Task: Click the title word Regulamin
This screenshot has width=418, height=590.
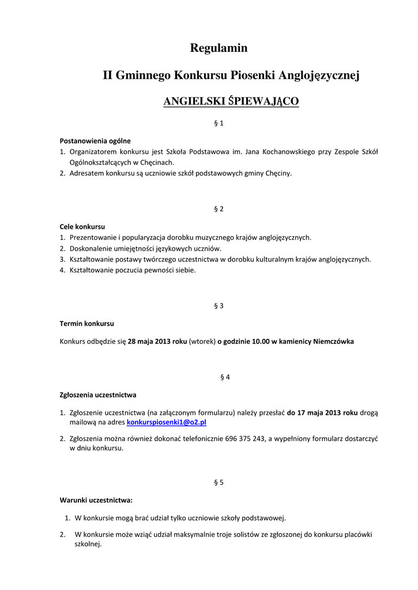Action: tap(219, 48)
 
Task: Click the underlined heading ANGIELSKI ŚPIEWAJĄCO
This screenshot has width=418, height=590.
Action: tap(231, 101)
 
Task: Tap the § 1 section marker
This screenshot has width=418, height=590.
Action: tap(219, 123)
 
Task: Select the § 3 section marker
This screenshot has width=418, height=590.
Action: tap(219, 305)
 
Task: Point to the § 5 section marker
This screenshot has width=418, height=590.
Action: tap(219, 482)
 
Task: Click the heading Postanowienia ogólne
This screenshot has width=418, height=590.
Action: tap(95, 141)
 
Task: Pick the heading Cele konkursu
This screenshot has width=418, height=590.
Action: tap(82, 226)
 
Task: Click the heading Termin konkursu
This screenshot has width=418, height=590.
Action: tap(87, 323)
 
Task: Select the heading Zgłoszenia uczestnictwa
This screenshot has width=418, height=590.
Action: tap(98, 395)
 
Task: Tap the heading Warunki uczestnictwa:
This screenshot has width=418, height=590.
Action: tap(96, 500)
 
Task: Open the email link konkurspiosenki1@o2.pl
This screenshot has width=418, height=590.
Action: tap(167, 422)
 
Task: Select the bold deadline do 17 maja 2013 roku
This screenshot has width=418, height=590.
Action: tap(322, 413)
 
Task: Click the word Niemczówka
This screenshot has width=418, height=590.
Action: tap(334, 341)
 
